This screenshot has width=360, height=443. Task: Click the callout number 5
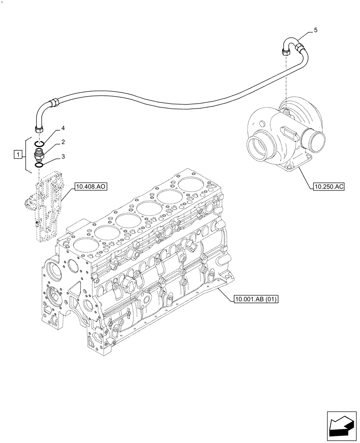[x=315, y=30]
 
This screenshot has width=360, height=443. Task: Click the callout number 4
[x=63, y=128]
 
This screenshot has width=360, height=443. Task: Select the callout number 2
[x=63, y=142]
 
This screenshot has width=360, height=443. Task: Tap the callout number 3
[x=63, y=156]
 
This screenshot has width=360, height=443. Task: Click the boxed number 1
[x=18, y=155]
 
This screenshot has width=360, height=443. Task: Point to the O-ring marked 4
[x=39, y=143]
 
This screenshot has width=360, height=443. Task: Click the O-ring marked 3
[x=39, y=165]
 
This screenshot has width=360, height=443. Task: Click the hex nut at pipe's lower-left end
[x=38, y=128]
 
